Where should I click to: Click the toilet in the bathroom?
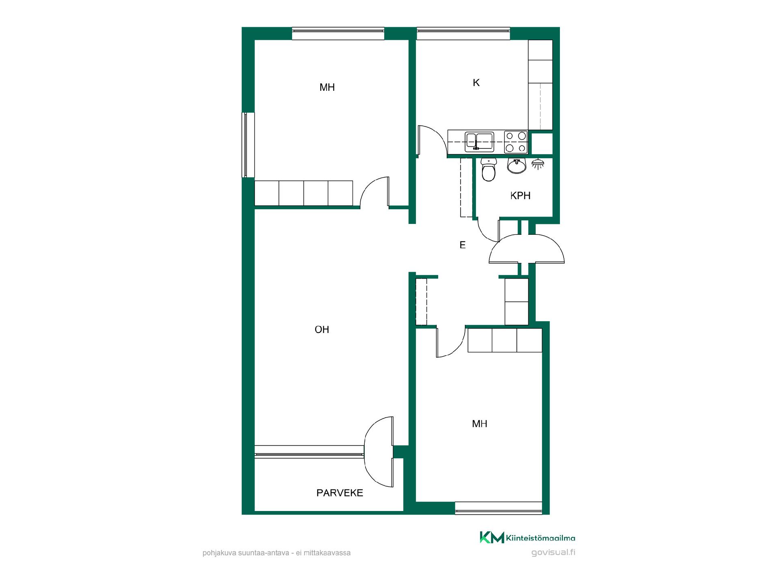click(488, 170)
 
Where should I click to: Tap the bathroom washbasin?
click(516, 165)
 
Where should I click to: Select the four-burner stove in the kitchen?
click(516, 142)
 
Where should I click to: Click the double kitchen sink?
click(480, 142)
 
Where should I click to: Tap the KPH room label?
click(520, 195)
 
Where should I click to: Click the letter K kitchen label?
click(476, 83)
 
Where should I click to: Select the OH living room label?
click(322, 330)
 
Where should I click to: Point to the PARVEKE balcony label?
click(340, 493)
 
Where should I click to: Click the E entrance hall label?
click(463, 245)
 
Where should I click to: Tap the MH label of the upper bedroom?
click(327, 87)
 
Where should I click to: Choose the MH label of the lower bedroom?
click(480, 424)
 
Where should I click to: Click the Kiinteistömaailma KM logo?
click(527, 537)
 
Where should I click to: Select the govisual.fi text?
click(553, 552)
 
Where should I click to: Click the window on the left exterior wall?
click(248, 145)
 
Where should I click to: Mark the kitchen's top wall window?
click(463, 33)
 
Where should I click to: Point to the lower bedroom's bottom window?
click(499, 508)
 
